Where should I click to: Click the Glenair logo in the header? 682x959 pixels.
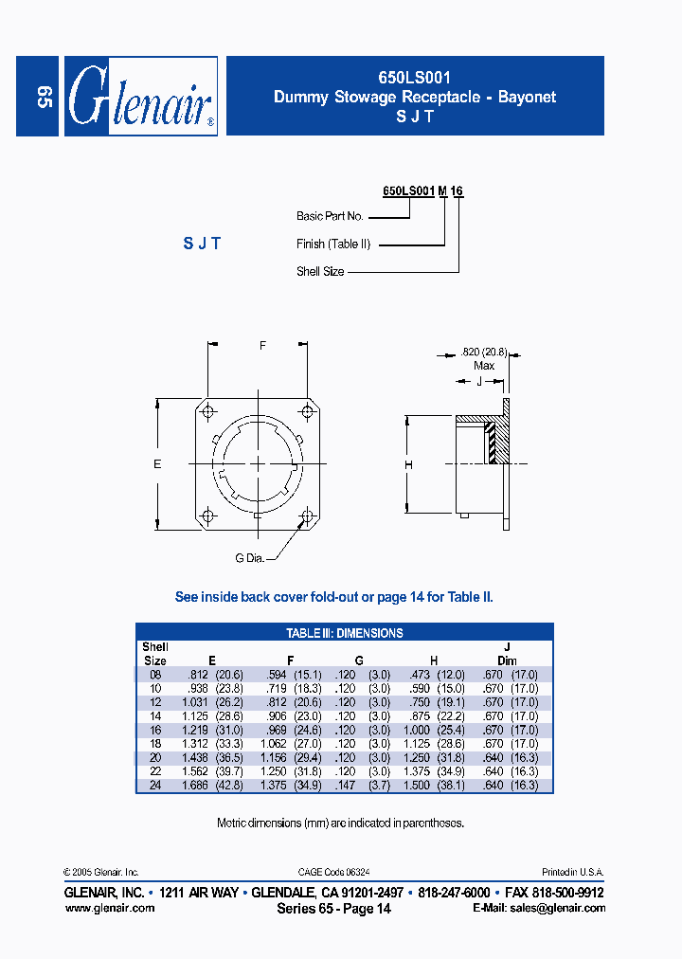coord(140,97)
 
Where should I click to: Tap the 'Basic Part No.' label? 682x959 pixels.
coord(330,216)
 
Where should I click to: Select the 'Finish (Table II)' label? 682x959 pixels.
coord(332,244)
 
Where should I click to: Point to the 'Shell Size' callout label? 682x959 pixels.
coord(320,272)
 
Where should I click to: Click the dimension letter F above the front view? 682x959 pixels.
coord(262,346)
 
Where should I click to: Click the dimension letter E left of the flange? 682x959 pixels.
coord(158,463)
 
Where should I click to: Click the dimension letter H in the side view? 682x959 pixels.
coord(408,464)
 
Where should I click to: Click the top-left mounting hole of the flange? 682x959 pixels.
coord(208,411)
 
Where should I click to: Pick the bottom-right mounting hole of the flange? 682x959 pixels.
coord(307,516)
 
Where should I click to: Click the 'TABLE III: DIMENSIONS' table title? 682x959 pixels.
coord(345,633)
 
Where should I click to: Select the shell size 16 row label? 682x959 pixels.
coord(155,731)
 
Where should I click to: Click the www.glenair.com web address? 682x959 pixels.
coord(109,907)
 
